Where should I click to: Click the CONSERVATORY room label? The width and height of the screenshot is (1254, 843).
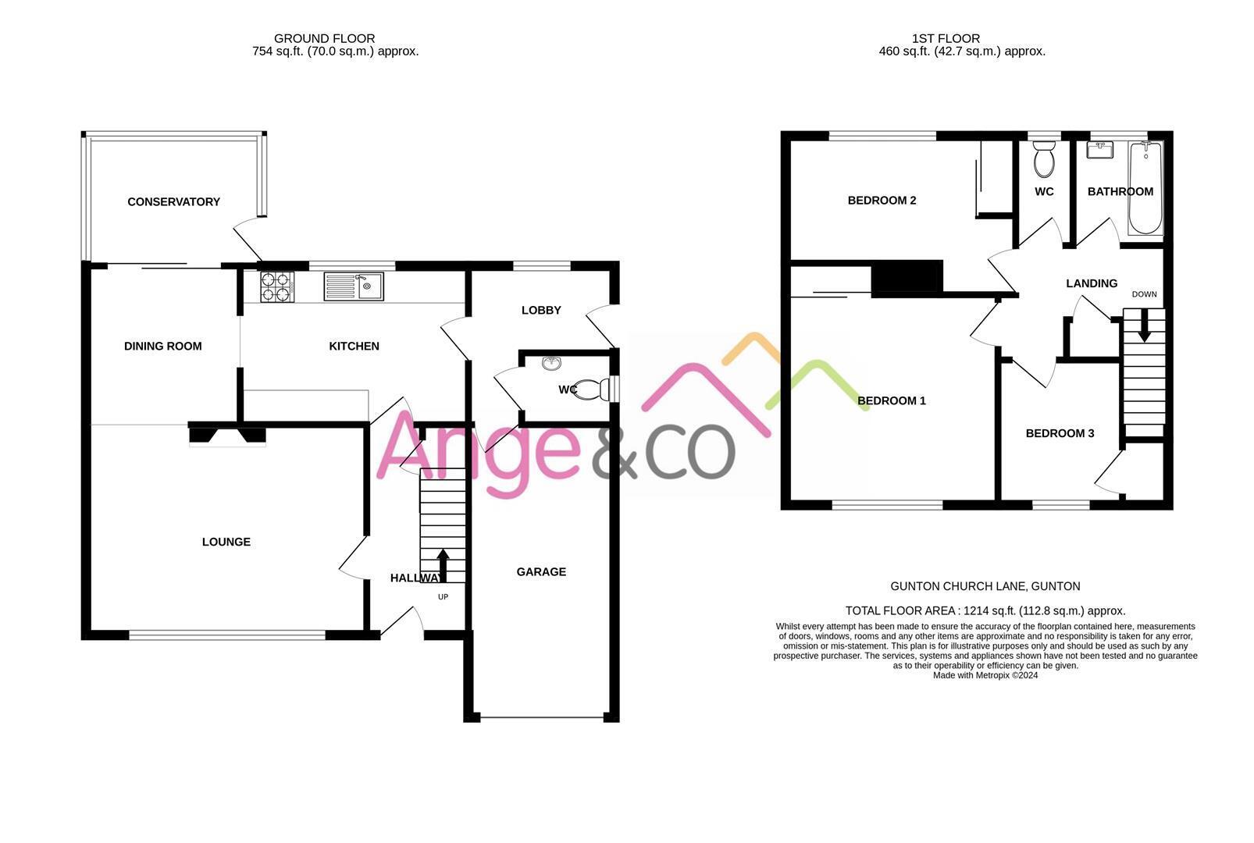click(x=173, y=202)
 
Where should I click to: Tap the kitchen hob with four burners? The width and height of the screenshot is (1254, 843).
click(x=276, y=286)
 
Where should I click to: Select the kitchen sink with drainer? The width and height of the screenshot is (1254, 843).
click(x=354, y=286)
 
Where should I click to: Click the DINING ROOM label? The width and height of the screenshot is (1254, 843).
click(x=162, y=347)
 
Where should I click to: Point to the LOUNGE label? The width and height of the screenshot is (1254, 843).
click(x=226, y=542)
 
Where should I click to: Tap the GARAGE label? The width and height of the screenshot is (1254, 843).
click(x=541, y=572)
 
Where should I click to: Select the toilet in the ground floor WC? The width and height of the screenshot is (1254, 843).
click(x=590, y=388)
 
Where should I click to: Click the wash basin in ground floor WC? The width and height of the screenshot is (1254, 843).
click(x=551, y=363)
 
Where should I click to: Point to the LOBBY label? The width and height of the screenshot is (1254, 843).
click(x=541, y=311)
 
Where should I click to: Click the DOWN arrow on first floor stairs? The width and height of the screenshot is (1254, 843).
click(x=1145, y=325)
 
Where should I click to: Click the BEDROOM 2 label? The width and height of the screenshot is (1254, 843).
click(x=882, y=201)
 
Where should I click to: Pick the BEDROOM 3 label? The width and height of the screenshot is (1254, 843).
click(x=1060, y=434)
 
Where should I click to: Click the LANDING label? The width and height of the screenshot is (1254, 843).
click(x=1091, y=284)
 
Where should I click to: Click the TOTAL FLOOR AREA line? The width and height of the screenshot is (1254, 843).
click(x=985, y=611)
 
